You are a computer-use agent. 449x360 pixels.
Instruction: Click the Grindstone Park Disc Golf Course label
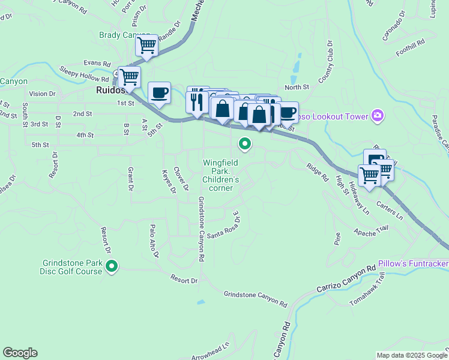pyautogui.click(x=73, y=267)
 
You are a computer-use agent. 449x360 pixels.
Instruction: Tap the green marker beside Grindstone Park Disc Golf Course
pyautogui.click(x=111, y=266)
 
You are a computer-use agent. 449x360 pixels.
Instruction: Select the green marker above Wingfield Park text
pyautogui.click(x=244, y=143)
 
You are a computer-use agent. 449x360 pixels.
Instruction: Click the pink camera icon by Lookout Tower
pyautogui.click(x=378, y=115)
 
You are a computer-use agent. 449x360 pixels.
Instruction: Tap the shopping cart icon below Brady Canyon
pyautogui.click(x=146, y=46)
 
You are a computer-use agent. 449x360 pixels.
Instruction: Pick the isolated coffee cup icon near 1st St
pyautogui.click(x=159, y=93)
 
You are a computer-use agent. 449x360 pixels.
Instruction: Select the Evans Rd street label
pyautogui.click(x=97, y=63)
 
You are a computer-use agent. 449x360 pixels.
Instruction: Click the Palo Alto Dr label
pyautogui.click(x=154, y=241)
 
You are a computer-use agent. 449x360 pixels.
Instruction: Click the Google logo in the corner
pyautogui.click(x=20, y=353)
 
